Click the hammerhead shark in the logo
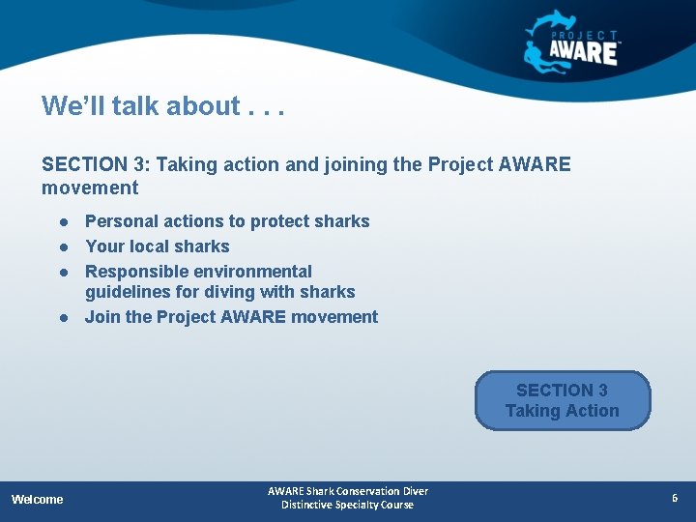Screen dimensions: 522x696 pos(553,24)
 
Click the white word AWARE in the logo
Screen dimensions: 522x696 pos(583,52)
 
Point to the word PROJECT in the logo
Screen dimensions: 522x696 pos(585,34)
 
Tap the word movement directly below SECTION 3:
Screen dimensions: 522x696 pos(90,188)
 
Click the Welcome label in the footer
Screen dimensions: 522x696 pos(37,499)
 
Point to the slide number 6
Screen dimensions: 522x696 pos(675,498)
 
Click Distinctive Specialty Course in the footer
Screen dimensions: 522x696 pos(347,505)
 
